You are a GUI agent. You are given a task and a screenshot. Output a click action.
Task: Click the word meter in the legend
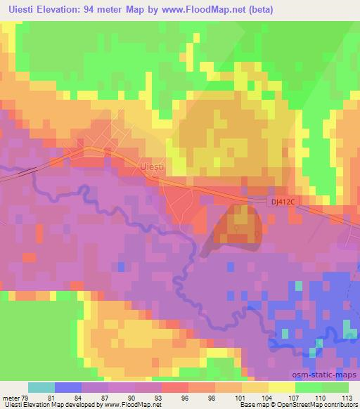[10, 397]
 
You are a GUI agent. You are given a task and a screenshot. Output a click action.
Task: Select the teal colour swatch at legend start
[41, 387]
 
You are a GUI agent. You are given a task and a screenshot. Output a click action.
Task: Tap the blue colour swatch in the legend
[67, 387]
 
